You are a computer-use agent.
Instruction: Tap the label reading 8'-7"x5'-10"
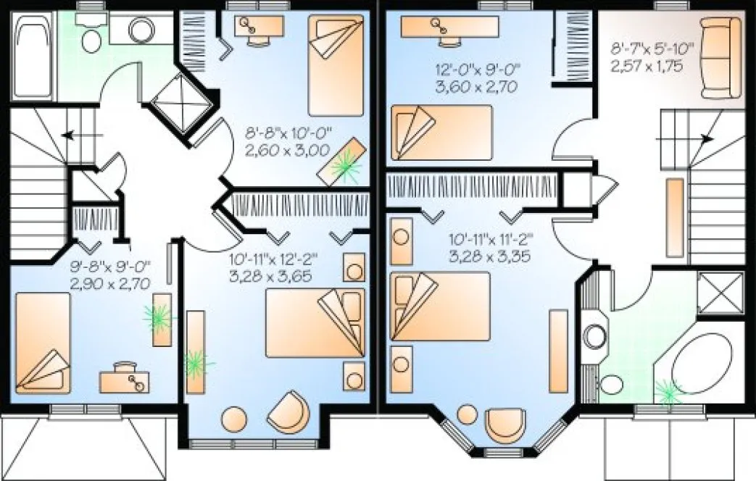652,49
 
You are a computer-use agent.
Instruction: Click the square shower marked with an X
721,293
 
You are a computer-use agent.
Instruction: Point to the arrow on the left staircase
70,135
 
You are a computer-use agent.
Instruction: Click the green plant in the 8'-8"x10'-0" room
346,166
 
